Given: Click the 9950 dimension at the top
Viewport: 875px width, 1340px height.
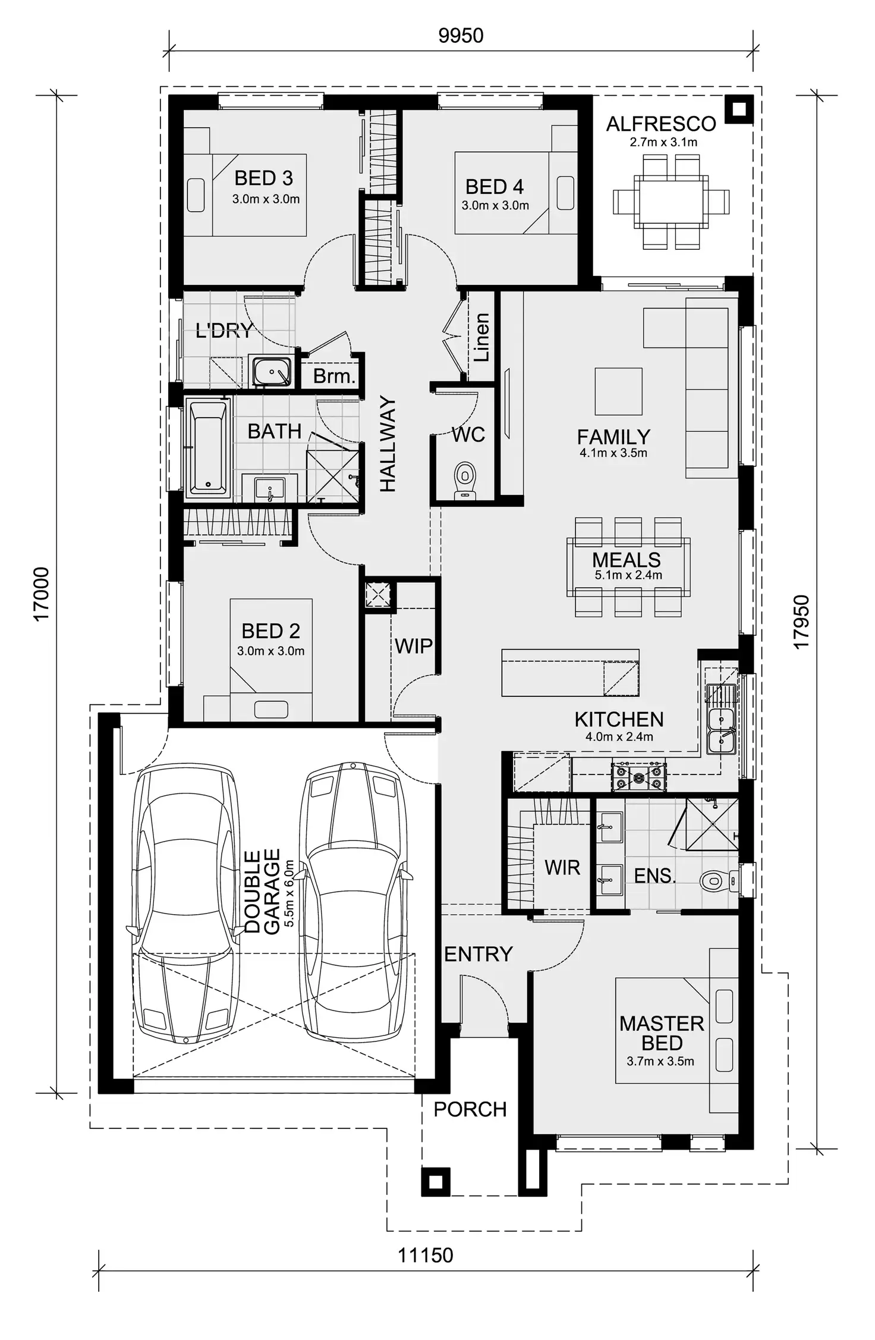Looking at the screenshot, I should (461, 36).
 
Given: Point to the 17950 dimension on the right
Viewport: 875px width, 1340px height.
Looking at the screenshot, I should (801, 622).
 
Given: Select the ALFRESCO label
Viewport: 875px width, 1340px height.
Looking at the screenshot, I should (661, 124).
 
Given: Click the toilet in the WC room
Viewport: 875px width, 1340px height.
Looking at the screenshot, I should (465, 479).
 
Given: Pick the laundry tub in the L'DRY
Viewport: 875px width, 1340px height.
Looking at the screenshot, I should (272, 371).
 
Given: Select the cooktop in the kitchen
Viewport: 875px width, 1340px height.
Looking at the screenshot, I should (639, 777).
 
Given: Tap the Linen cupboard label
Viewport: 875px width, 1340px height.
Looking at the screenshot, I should (481, 337).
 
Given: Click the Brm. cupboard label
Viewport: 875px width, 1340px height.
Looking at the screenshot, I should (334, 376).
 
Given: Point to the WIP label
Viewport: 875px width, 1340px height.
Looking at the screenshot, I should (414, 646).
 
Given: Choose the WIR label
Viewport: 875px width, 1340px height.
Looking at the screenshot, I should (562, 868).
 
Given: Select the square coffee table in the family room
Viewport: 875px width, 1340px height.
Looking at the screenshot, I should (618, 391).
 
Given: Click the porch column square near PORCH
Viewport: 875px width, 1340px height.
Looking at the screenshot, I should (435, 1182).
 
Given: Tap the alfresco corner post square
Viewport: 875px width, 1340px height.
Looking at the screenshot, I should (738, 109).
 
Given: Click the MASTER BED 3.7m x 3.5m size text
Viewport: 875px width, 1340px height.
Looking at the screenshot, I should (660, 1062).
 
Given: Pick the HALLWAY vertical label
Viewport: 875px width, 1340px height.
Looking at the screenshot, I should (388, 444).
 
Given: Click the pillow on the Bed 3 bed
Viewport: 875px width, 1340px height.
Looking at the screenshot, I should (196, 195).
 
